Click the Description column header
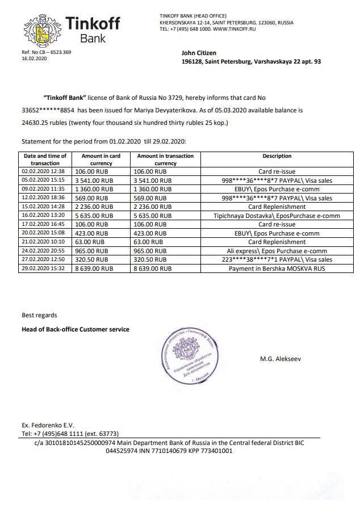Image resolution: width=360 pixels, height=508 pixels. (x=277, y=156)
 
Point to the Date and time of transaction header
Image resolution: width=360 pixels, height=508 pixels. (x=44, y=159)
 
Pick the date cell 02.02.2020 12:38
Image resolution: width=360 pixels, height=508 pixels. (x=44, y=171)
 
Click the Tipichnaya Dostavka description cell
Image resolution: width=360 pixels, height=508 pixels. (x=277, y=216)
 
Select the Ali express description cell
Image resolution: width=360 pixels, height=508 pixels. (x=277, y=250)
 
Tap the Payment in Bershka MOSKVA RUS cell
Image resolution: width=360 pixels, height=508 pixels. (x=277, y=268)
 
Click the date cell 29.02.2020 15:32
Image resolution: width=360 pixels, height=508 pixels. (x=44, y=268)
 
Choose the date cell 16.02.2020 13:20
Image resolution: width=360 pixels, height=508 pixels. (x=44, y=216)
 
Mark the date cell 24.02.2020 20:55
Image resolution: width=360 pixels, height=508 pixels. (x=44, y=250)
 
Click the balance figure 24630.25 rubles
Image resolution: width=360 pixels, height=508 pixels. (x=43, y=123)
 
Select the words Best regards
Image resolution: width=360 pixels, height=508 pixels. (x=39, y=315)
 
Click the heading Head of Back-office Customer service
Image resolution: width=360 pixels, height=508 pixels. (x=75, y=329)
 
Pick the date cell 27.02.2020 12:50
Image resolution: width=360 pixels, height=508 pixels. (x=44, y=259)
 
